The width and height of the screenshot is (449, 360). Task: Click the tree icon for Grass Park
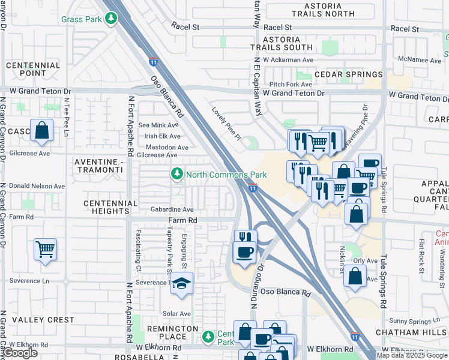tap(110, 19)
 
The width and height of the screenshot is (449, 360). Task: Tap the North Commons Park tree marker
tap(176, 175)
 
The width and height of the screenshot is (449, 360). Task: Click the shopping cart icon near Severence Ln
tap(46, 248)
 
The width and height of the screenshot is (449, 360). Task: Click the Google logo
tap(20, 353)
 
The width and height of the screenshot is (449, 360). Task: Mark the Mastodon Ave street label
tap(167, 147)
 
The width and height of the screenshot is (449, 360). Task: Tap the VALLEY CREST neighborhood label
tap(44, 320)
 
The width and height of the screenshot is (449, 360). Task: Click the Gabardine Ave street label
tap(172, 210)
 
